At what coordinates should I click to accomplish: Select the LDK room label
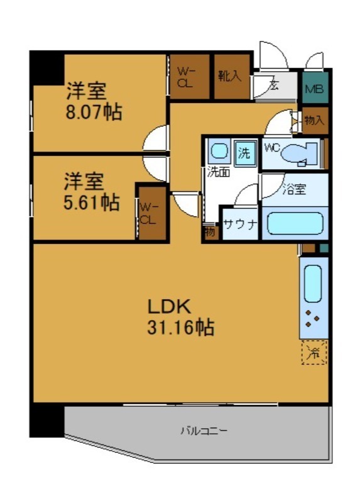(x=168, y=306)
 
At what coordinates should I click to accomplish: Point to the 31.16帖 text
(x=180, y=327)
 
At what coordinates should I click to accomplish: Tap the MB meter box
(x=314, y=89)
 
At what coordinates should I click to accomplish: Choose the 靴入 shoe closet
(x=230, y=77)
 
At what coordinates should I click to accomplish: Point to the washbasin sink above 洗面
(x=219, y=152)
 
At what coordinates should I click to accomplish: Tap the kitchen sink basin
(x=313, y=283)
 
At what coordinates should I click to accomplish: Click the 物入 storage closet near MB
(x=314, y=120)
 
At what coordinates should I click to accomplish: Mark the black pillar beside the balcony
(x=47, y=419)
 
